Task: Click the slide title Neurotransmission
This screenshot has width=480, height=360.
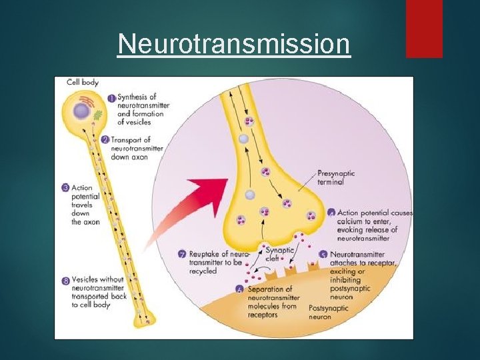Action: [x=233, y=45]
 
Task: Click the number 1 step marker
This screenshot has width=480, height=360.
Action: [x=112, y=97]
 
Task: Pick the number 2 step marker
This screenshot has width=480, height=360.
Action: [x=106, y=140]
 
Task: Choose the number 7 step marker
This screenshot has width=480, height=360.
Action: [x=182, y=254]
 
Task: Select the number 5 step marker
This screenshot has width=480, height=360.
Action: [x=323, y=255]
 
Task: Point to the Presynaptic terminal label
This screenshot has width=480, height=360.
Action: [x=336, y=177]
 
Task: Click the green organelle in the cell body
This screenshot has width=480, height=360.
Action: [x=97, y=115]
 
